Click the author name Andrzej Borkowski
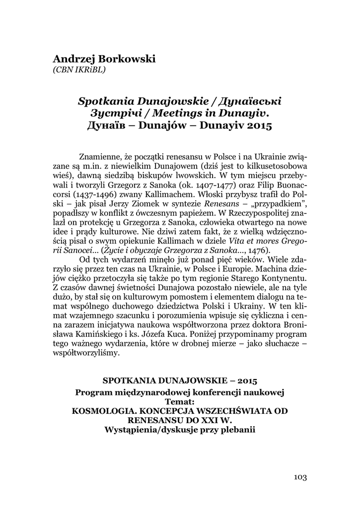[x=104, y=59]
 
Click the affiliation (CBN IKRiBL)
[x=79, y=70]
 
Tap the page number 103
[x=300, y=477]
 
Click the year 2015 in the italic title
[x=258, y=125]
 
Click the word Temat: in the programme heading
[x=179, y=402]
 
